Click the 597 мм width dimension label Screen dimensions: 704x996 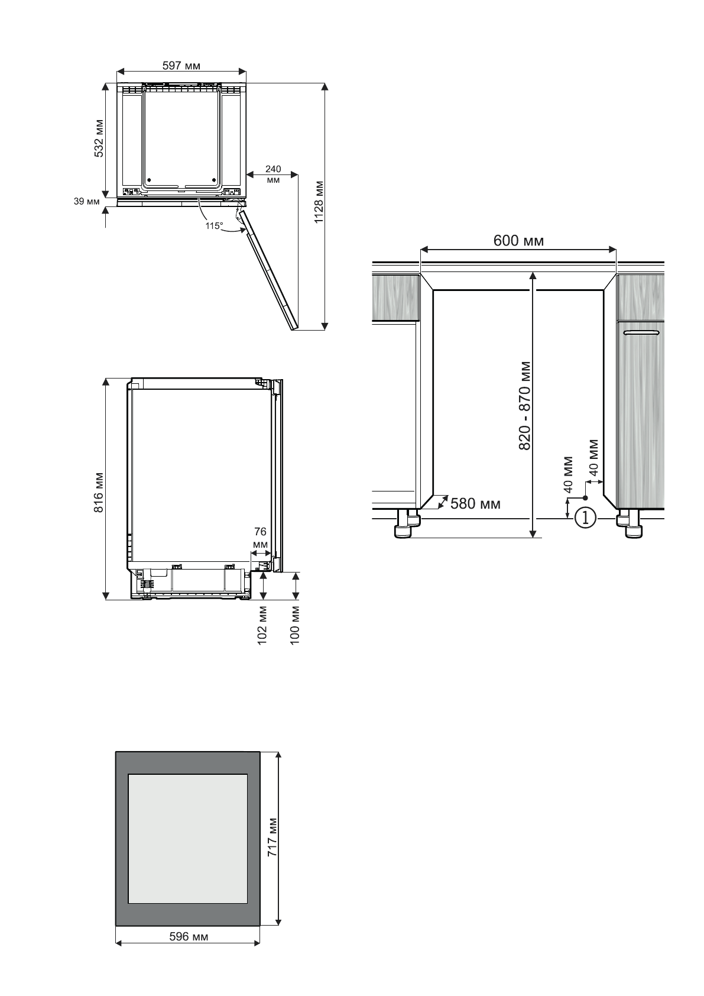[181, 66]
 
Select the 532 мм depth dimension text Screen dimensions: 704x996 [99, 139]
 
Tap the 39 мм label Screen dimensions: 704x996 [86, 202]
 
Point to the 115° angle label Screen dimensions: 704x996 [213, 225]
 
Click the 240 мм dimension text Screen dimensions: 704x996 [273, 174]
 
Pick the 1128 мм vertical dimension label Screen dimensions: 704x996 [319, 202]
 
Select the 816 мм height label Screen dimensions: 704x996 [99, 492]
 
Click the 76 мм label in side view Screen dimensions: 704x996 [260, 538]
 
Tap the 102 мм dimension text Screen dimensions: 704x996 [263, 624]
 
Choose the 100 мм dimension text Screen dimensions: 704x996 [296, 624]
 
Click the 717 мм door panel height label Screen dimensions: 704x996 [272, 838]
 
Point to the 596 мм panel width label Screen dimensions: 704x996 [189, 936]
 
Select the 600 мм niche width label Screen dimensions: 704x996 [518, 241]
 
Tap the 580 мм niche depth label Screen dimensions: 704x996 [475, 504]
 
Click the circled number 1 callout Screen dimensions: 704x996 [585, 518]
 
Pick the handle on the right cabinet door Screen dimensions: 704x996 [641, 334]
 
